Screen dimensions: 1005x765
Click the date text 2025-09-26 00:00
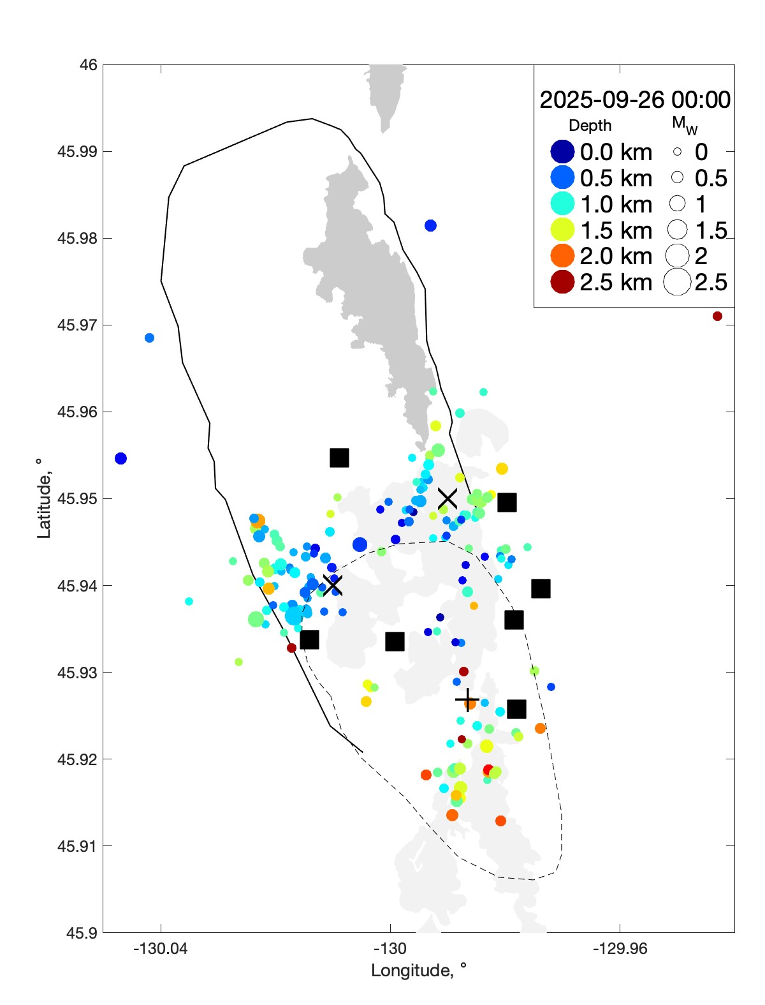pos(635,100)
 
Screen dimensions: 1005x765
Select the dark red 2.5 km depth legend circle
pos(562,282)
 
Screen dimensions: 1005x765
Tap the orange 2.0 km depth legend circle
pos(562,256)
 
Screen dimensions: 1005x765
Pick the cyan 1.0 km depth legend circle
pos(562,204)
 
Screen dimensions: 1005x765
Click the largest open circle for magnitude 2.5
pos(677,282)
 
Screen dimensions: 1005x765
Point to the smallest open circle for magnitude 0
pos(677,152)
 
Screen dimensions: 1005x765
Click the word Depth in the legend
pos(590,126)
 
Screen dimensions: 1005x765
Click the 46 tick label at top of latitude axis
pos(89,65)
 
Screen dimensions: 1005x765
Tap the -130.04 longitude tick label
pos(161,949)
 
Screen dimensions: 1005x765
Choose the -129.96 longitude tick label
pos(620,949)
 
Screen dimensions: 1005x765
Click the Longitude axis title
pos(419,971)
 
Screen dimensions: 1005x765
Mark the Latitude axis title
pos(43,498)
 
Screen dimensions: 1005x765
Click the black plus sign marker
pos(467,700)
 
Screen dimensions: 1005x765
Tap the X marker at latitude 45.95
pos(448,498)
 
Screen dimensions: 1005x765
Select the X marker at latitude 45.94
pos(332,585)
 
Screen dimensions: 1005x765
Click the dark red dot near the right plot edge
pos(717,316)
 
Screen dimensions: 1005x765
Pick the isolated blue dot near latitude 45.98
pos(430,225)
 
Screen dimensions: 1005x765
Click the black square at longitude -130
pos(395,642)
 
